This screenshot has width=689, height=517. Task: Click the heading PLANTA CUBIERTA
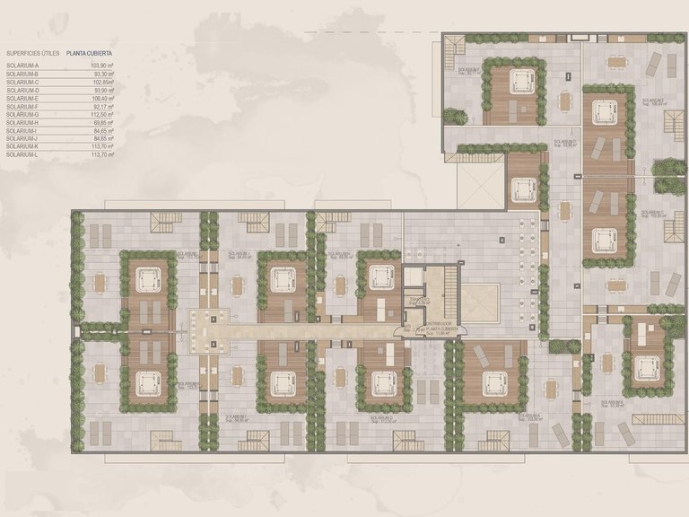tap(93, 54)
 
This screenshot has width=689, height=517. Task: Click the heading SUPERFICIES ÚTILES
tap(32, 54)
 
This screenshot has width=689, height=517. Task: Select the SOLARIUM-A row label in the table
tap(22, 66)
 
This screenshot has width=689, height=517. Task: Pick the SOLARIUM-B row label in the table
tap(22, 74)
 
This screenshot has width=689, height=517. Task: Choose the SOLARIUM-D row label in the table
tap(22, 91)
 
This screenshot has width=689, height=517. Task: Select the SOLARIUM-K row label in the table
tap(22, 147)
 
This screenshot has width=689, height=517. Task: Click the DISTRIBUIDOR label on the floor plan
tap(441, 324)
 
